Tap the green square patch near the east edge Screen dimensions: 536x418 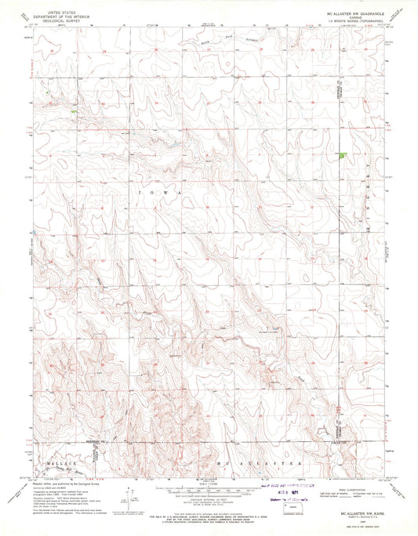(x=342, y=156)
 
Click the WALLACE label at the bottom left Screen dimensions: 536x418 (x=60, y=465)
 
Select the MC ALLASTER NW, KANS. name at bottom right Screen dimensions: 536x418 (x=357, y=513)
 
